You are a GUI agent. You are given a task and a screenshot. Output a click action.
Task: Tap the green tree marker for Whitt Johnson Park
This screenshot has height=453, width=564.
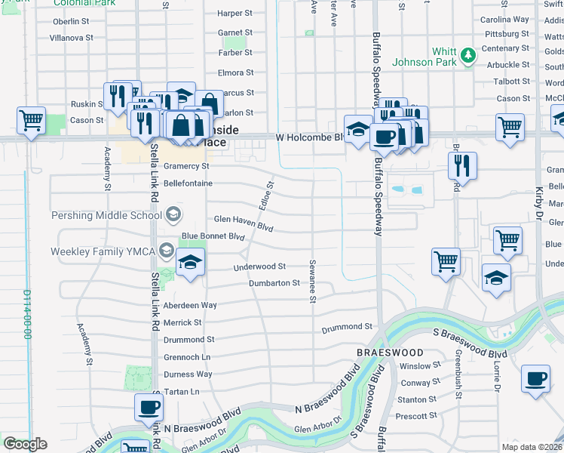(x=468, y=54)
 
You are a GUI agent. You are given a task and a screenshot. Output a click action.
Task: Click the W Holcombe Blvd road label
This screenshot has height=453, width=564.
(x=309, y=137)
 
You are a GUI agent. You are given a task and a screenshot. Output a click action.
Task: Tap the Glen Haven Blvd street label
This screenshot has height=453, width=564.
(x=243, y=219)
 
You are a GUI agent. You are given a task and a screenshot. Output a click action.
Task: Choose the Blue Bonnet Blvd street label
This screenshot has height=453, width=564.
(x=214, y=236)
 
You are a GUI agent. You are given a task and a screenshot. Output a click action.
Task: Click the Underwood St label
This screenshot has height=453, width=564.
(x=259, y=267)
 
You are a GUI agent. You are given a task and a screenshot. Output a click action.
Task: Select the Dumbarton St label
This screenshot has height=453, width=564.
(x=274, y=283)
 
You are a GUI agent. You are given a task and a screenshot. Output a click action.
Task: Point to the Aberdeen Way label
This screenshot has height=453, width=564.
(x=190, y=305)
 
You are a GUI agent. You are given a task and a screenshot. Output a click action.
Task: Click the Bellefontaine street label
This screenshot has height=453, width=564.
(x=188, y=183)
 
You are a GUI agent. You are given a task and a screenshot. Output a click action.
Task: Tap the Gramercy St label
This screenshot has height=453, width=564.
(x=186, y=166)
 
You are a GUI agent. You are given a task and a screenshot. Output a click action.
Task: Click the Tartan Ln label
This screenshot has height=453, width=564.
(x=181, y=392)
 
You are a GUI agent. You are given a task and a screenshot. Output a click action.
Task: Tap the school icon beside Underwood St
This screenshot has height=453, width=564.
(x=191, y=263)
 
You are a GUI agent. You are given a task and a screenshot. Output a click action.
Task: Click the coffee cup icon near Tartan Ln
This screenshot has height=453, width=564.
(x=149, y=408)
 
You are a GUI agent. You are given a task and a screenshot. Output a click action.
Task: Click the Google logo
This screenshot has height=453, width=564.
(x=26, y=445)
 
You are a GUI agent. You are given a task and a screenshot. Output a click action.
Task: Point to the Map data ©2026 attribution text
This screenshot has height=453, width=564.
(x=532, y=447)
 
